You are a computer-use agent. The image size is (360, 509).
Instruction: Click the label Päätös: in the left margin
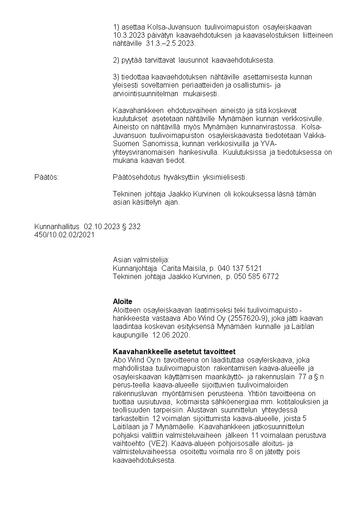click(47, 177)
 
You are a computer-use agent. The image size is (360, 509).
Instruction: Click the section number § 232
click(131, 226)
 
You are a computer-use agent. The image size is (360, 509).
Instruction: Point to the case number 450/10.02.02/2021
click(64, 235)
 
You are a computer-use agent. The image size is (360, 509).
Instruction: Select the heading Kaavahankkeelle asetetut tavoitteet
click(174, 352)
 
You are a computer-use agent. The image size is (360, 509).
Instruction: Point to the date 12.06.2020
click(170, 335)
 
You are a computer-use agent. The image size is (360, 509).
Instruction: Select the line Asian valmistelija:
click(141, 260)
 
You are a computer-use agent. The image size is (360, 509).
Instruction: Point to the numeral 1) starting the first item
click(116, 27)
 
